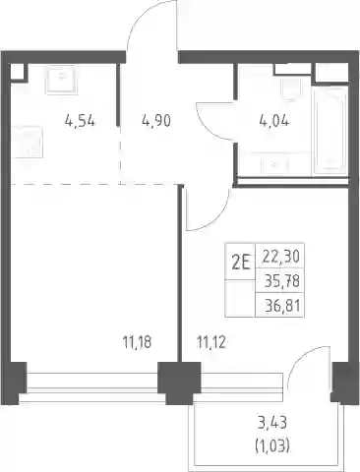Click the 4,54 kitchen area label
80,121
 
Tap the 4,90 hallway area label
156,121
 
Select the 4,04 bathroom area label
274,121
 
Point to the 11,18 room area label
137,342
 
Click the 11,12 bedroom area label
211,342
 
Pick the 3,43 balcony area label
272,423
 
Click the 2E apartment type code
241,263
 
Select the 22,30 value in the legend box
281,257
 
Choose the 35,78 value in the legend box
282,281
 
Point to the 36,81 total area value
282,306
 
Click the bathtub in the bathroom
330,130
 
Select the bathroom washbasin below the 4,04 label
274,164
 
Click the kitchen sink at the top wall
62,81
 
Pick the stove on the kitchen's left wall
28,143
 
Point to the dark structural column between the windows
179,382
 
